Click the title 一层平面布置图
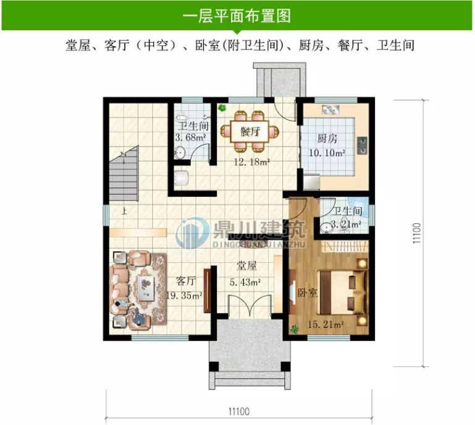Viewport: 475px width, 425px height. pyautogui.click(x=237, y=15)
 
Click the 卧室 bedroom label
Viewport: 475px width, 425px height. pyautogui.click(x=307, y=293)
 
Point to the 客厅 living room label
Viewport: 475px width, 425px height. pyautogui.click(x=186, y=281)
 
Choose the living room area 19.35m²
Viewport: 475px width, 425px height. pyautogui.click(x=185, y=296)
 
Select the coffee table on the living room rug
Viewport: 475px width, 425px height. pyautogui.click(x=146, y=287)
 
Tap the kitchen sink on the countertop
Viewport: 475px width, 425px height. pyautogui.click(x=330, y=109)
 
